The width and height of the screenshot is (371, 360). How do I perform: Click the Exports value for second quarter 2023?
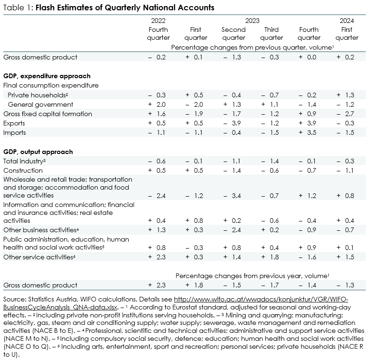(x=233, y=123)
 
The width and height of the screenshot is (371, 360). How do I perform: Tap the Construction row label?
(x=23, y=171)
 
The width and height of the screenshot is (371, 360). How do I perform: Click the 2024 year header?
(x=347, y=21)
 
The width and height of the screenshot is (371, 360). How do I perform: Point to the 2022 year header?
(x=158, y=21)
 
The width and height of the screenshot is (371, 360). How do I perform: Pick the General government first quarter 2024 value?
(x=345, y=104)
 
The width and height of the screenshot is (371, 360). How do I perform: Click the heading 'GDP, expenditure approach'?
(x=47, y=76)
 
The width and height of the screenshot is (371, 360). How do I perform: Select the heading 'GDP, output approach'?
(x=38, y=152)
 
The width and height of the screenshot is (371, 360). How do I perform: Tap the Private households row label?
(x=38, y=95)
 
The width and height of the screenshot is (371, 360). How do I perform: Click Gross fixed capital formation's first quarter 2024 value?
(x=345, y=114)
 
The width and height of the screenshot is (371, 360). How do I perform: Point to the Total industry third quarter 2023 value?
(x=270, y=161)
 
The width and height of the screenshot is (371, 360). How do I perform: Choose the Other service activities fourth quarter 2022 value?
(x=157, y=257)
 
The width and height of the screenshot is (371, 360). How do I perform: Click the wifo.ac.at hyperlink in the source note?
(x=175, y=303)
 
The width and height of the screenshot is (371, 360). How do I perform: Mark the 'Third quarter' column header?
(x=271, y=34)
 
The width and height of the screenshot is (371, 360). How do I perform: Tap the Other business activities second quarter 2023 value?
(x=233, y=230)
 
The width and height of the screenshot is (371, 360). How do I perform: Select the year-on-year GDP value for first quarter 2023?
(x=195, y=285)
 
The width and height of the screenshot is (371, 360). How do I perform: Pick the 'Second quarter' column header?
(x=233, y=34)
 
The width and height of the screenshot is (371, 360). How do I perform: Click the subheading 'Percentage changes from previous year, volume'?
(x=253, y=276)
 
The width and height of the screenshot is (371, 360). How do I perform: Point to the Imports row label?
(x=15, y=133)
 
